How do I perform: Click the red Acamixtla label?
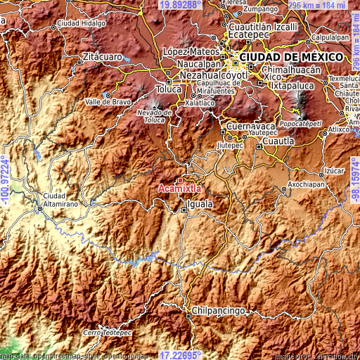[x=180, y=188]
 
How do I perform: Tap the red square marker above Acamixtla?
[x=181, y=180]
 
